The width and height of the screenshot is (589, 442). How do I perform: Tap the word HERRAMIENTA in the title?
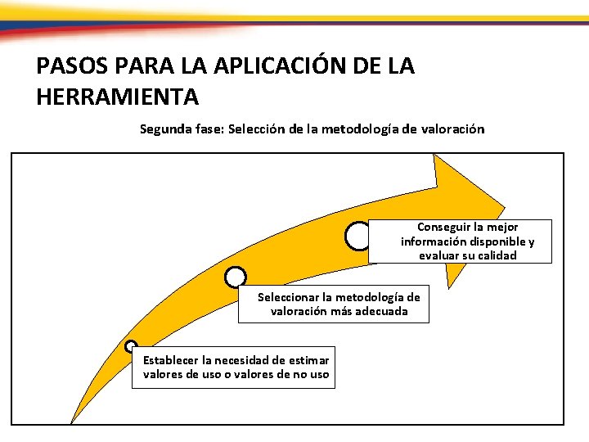(x=117, y=97)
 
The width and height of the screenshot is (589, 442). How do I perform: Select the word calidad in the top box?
(x=495, y=255)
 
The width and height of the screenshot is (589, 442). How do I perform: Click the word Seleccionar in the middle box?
(x=290, y=297)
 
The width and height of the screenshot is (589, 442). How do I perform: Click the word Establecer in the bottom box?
(x=170, y=360)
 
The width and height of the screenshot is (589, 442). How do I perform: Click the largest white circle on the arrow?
(x=358, y=236)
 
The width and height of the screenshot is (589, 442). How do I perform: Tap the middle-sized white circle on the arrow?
(x=235, y=278)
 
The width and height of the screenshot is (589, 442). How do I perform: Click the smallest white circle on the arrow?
(x=131, y=346)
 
